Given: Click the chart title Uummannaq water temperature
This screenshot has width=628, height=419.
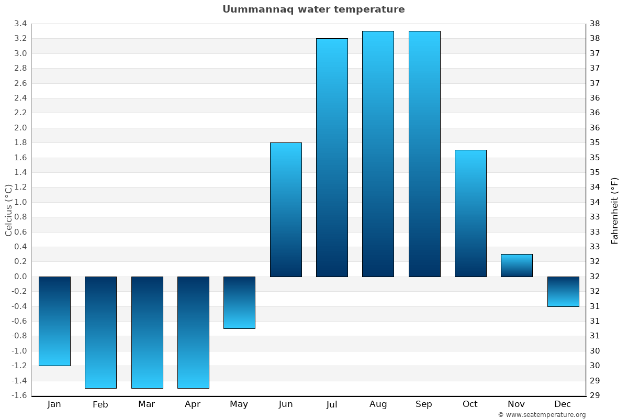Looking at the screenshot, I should point(313,9).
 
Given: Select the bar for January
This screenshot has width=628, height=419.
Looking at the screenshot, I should point(54,321).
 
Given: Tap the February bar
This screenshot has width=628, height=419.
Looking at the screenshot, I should point(100,332).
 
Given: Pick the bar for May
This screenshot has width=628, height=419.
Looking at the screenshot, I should point(239,303).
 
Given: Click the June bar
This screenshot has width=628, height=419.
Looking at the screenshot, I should point(286,210).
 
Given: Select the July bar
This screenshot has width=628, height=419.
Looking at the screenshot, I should point(332,157).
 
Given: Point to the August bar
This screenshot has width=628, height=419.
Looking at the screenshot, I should point(378,153).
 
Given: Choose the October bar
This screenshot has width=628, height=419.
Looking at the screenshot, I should point(470,213).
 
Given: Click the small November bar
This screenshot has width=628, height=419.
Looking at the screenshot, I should point(517,266).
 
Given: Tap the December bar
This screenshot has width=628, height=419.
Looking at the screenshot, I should point(563,292).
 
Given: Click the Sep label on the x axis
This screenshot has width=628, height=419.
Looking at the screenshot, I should point(424,404).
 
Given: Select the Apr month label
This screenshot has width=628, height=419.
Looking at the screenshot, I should point(193,404).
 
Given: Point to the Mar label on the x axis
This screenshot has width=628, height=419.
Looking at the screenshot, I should point(147,404).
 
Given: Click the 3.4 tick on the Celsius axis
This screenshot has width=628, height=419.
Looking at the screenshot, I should point(20,24).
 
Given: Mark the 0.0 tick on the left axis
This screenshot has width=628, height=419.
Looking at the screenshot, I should point(20,277).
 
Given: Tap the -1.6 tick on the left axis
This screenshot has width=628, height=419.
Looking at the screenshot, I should point(19,395).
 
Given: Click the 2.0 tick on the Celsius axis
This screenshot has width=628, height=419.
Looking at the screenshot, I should point(20,128).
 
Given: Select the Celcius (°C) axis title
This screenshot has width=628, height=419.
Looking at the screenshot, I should point(8,210).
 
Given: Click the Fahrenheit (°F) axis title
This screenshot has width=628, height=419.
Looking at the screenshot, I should point(615,210).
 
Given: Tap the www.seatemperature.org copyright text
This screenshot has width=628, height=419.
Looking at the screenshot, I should point(542,415).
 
